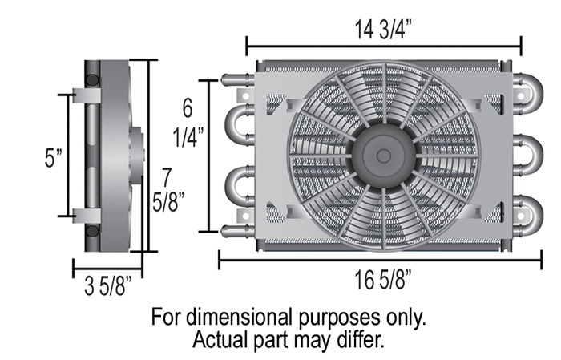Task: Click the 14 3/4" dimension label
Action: [x=383, y=30]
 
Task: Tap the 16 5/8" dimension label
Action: [x=383, y=280]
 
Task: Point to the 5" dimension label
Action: [x=54, y=157]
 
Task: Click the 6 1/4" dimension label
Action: [x=188, y=123]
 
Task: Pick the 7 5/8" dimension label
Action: [x=168, y=190]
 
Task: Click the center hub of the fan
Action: [x=384, y=156]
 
